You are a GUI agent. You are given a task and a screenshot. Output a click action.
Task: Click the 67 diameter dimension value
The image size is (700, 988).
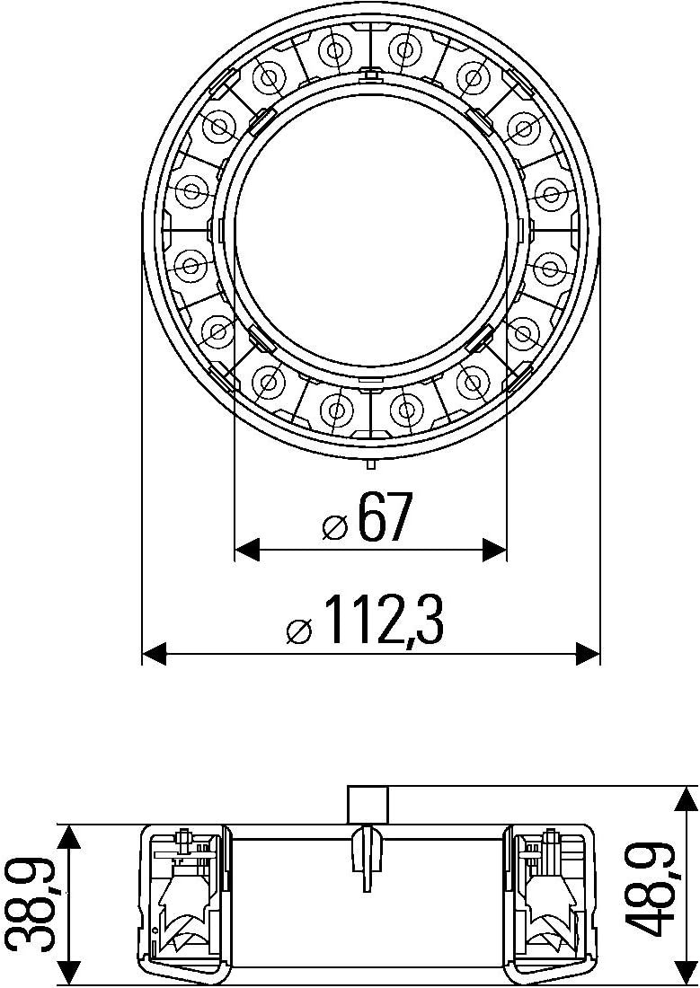(385, 518)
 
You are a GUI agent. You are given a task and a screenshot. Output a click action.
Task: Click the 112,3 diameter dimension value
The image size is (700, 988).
(383, 621)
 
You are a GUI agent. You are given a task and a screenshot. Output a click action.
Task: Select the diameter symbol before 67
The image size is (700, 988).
(334, 526)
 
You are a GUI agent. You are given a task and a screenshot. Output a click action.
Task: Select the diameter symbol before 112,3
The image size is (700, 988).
(299, 631)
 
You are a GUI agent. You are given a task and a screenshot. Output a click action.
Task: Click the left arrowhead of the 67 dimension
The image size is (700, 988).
(247, 550)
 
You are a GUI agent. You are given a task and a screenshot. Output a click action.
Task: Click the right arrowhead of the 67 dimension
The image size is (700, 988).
(494, 550)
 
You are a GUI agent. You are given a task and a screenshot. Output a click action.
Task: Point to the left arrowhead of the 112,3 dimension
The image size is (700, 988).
(155, 654)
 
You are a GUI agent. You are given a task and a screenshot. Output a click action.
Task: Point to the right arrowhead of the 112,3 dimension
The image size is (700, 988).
(588, 654)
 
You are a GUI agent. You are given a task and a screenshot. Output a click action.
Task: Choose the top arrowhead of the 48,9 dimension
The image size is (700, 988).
(687, 799)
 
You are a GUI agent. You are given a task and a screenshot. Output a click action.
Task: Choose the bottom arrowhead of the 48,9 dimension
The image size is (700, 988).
(687, 972)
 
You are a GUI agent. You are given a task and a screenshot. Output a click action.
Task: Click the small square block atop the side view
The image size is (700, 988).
(368, 805)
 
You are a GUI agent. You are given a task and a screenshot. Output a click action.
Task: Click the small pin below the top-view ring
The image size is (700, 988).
(370, 463)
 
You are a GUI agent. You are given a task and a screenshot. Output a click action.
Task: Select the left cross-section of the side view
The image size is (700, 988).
(184, 900)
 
